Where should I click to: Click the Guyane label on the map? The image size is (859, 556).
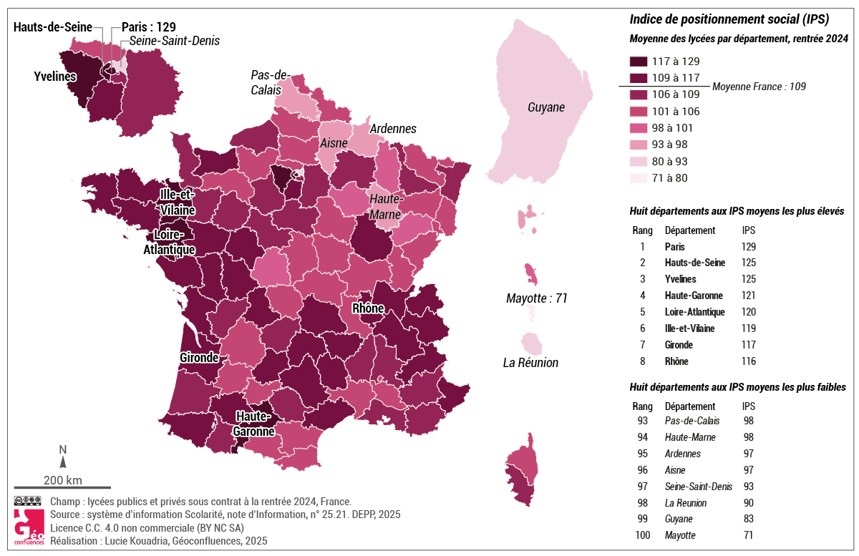[x=546, y=108]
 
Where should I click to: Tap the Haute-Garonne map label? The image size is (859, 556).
[x=253, y=424]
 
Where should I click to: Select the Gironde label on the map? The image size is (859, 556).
[x=200, y=357]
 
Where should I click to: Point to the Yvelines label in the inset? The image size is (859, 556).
[x=55, y=76]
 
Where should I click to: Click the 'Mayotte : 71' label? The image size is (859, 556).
[x=536, y=298]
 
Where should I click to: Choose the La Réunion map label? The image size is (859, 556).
[x=530, y=363]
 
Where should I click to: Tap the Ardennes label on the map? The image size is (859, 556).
[x=393, y=129]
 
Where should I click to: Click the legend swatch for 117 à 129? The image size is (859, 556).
[x=638, y=62]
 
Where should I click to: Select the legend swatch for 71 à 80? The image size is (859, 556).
[x=638, y=178]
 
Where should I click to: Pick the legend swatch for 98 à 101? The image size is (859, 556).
[x=638, y=128]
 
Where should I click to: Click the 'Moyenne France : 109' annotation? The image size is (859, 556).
[x=759, y=87]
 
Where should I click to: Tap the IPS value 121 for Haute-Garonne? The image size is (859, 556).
[x=749, y=296]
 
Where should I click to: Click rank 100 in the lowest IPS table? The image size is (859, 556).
[x=642, y=535]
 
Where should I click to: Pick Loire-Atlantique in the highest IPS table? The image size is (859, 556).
[x=694, y=312]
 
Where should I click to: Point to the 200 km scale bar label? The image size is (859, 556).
[x=62, y=479]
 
